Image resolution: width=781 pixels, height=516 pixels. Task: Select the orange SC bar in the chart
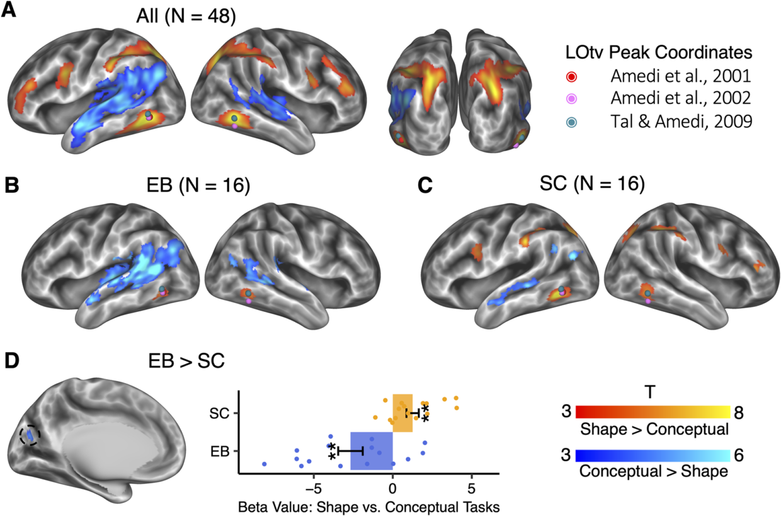(402, 413)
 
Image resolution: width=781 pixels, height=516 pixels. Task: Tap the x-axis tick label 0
(392, 489)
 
